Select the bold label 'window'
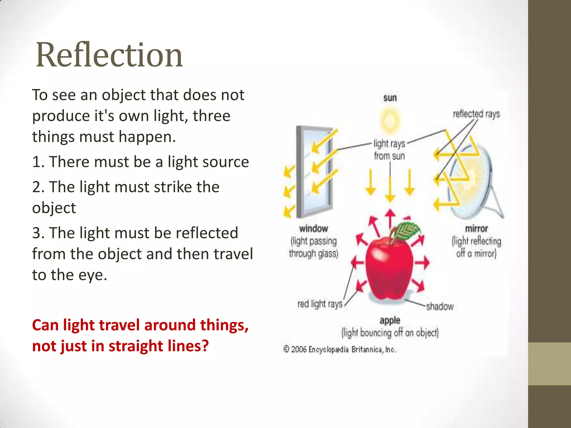coord(313,229)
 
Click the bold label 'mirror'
coord(476,229)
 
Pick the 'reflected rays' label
coord(476,114)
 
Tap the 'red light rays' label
coord(320,304)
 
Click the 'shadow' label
coord(440,307)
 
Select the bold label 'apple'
coord(390,320)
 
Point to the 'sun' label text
coord(390,98)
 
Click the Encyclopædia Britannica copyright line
coord(340,349)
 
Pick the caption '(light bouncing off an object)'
coord(390,333)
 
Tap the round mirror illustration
coord(471,181)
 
